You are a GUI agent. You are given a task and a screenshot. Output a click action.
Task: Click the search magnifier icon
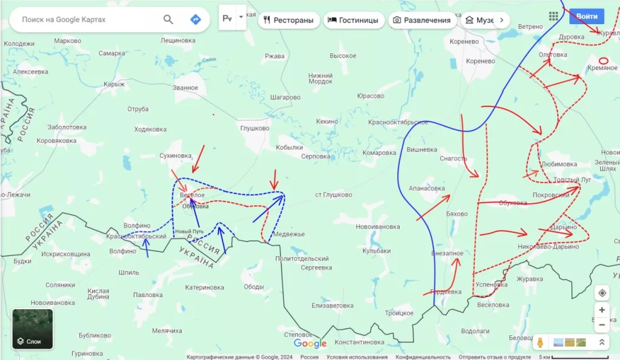168,19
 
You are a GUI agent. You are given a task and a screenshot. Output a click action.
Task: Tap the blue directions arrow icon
195,19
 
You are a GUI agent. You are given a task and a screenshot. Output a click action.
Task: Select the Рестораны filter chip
289,20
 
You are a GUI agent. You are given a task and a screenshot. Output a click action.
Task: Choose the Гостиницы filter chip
353,20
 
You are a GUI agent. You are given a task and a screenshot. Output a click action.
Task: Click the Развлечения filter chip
422,20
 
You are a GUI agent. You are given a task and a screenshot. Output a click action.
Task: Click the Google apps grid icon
553,16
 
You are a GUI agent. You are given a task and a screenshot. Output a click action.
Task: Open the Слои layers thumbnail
33,329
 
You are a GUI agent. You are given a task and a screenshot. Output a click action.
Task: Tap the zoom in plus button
602,310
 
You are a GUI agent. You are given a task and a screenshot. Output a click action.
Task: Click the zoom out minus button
602,325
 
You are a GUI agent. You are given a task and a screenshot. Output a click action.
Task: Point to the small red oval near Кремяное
603,61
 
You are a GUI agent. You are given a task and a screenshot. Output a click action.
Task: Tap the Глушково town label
254,128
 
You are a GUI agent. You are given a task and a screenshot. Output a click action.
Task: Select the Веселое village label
192,195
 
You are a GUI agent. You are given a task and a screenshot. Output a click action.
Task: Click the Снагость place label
453,159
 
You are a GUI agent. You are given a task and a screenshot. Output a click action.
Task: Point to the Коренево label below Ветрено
464,42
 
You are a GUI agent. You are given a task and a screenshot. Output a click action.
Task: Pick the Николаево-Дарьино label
549,246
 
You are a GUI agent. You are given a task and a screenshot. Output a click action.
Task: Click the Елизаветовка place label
332,306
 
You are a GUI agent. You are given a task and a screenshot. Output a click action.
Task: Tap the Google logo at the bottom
310,344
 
